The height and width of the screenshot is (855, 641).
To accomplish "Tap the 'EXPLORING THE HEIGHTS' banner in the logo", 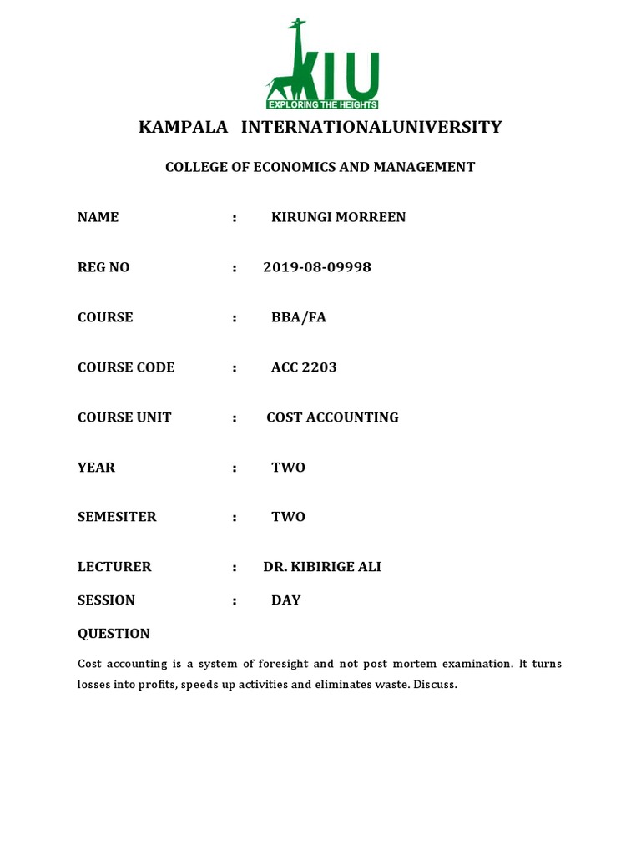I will [x=322, y=104].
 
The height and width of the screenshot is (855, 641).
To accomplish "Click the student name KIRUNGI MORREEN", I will [x=338, y=217].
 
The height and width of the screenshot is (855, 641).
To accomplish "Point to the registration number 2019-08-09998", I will [x=317, y=267].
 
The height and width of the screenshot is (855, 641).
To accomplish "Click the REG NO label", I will [x=103, y=267].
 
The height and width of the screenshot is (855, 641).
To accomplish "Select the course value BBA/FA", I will [x=299, y=317].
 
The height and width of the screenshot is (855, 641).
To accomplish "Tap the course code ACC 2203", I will [x=304, y=367].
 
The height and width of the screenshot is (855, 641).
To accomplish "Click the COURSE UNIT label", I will [x=124, y=417].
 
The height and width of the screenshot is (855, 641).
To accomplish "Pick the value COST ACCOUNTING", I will [x=332, y=417].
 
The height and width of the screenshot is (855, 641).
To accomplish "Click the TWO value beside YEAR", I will [x=288, y=468].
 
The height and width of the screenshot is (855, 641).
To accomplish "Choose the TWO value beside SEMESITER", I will [x=288, y=517].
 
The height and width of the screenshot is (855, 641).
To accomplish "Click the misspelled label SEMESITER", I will [x=117, y=517].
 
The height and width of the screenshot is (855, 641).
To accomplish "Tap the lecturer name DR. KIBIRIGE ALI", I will [x=322, y=567].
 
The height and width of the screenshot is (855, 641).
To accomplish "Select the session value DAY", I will [x=285, y=600].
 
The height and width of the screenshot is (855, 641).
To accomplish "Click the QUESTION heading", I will [x=114, y=634].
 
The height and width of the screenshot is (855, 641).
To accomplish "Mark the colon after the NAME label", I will [x=235, y=217].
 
